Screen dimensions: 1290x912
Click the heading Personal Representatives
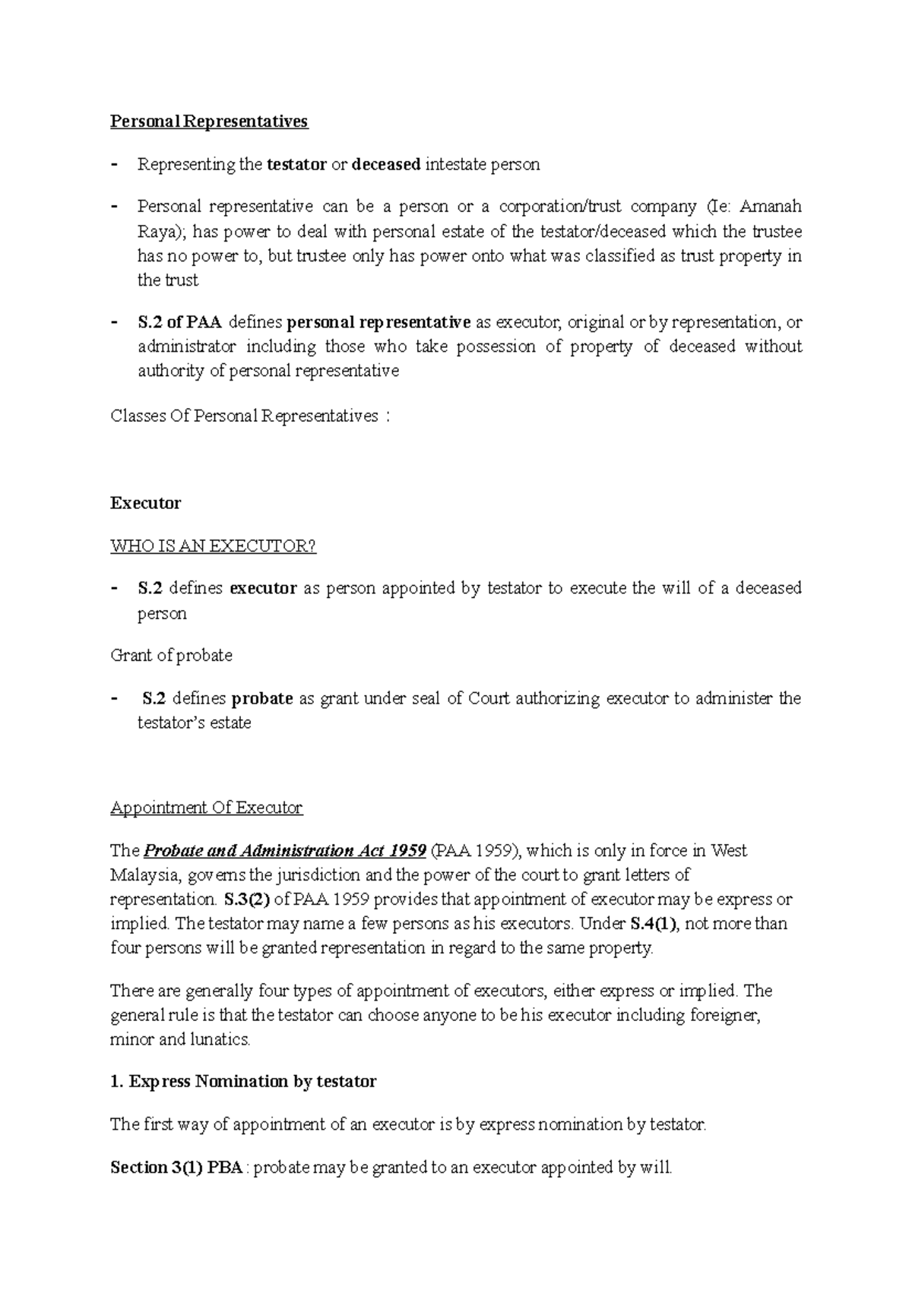point(209,122)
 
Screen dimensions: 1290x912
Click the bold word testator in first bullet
point(296,165)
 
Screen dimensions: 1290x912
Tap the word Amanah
point(771,207)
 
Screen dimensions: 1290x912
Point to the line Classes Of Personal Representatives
point(244,416)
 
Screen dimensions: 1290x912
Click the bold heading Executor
point(145,503)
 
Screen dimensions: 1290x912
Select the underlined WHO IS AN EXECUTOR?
point(213,546)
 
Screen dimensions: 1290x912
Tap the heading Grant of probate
point(171,656)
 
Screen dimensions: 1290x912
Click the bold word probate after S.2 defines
point(261,698)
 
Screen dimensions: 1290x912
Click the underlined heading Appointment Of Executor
point(206,808)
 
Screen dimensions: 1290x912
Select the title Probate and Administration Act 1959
point(284,851)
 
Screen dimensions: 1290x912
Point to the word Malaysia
point(144,875)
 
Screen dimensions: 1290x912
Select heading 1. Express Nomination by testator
point(243,1082)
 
